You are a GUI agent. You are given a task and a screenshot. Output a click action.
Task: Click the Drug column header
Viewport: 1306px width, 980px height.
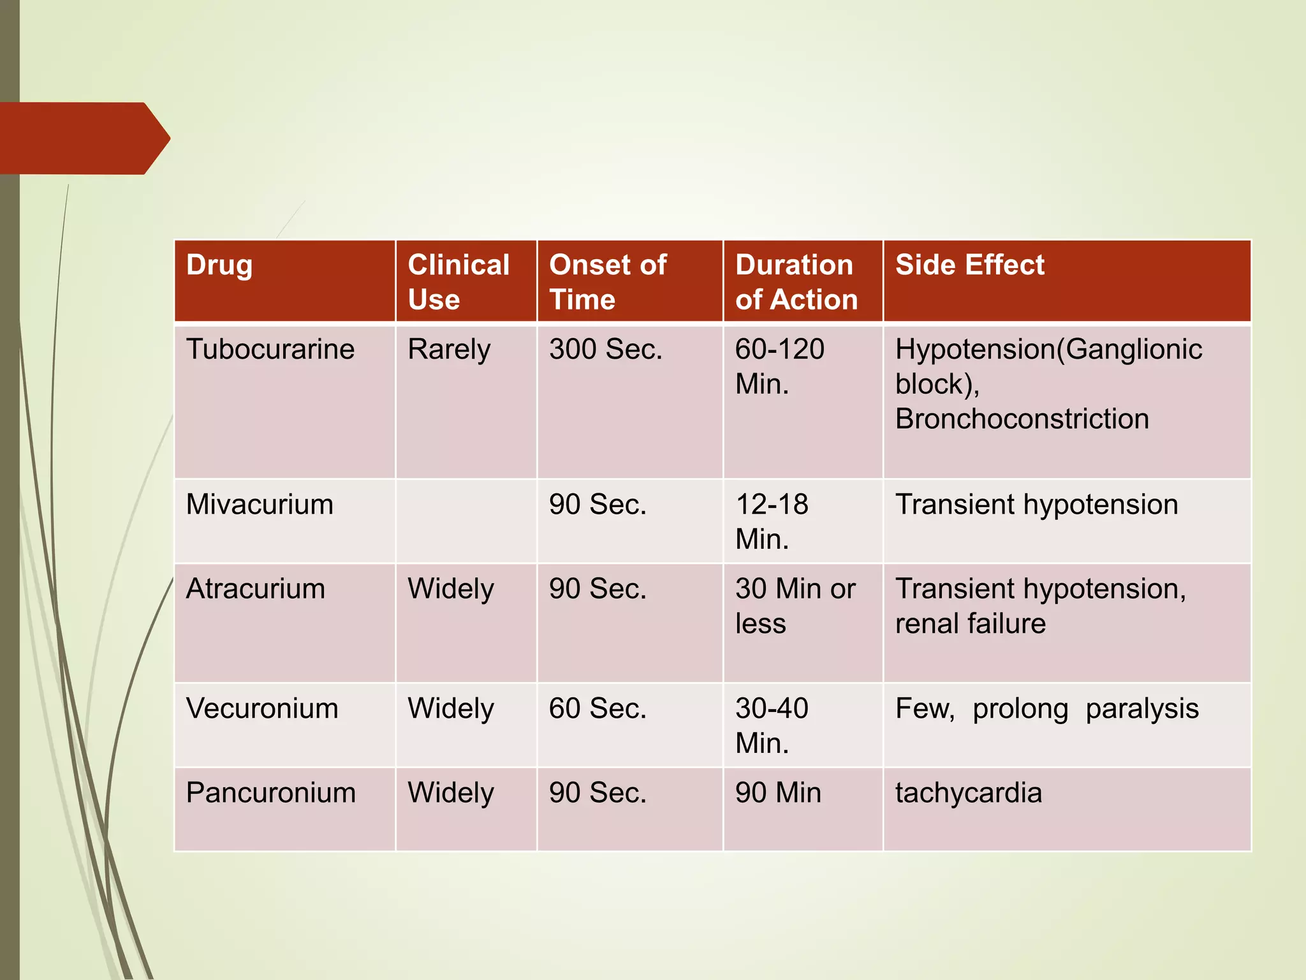(x=219, y=265)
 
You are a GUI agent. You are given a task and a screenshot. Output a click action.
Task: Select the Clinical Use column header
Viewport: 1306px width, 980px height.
(x=459, y=281)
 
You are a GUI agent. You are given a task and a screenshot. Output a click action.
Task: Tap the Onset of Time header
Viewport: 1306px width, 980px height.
(x=608, y=281)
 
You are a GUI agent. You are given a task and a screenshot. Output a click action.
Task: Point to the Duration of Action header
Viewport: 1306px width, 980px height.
(x=796, y=281)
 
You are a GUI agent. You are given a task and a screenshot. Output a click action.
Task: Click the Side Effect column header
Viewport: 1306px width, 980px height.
(x=969, y=265)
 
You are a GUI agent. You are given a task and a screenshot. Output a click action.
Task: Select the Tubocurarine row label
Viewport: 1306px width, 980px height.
(x=270, y=350)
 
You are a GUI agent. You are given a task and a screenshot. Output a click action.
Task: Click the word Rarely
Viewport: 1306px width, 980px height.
(x=449, y=350)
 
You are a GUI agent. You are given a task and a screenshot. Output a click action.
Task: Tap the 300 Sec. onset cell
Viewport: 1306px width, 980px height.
(x=606, y=350)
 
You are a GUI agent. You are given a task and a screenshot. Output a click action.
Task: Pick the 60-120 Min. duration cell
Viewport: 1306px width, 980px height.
(x=779, y=366)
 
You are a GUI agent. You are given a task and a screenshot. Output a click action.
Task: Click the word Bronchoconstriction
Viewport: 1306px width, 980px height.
(x=1022, y=419)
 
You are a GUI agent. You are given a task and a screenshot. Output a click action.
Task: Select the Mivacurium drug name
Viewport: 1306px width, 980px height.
(x=260, y=505)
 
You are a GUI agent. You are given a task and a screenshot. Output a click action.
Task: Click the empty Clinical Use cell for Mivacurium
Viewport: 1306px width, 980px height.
(x=466, y=521)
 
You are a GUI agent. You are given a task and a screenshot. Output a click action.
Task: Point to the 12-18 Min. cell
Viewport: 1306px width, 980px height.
(x=772, y=521)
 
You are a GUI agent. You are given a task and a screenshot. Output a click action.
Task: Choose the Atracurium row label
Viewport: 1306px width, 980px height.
(x=255, y=589)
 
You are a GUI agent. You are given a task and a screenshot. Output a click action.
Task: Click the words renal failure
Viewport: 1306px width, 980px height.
(x=970, y=623)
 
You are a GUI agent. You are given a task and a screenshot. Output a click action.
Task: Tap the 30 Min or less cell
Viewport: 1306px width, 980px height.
(x=795, y=605)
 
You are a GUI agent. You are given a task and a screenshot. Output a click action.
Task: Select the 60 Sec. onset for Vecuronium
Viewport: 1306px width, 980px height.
(x=598, y=709)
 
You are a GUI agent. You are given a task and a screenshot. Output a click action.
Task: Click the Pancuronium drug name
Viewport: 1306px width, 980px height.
(x=270, y=793)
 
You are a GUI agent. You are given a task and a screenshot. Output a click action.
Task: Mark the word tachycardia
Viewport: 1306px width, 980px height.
(x=968, y=793)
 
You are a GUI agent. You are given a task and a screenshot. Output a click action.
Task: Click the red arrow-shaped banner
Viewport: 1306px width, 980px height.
(x=83, y=138)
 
